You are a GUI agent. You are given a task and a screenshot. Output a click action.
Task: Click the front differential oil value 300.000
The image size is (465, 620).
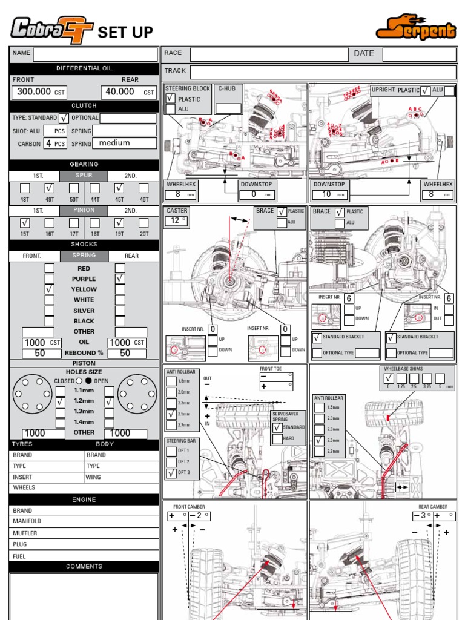[35, 92]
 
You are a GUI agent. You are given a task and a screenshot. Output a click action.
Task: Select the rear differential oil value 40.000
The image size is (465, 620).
[120, 92]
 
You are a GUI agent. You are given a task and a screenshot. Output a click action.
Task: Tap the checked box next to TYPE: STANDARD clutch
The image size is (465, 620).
[64, 118]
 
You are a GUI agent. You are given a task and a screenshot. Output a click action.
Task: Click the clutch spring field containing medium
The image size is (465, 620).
[124, 143]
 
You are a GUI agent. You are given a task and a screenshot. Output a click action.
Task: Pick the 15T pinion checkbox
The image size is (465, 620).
[25, 223]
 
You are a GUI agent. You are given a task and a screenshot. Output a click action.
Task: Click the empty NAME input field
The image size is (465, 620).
[95, 54]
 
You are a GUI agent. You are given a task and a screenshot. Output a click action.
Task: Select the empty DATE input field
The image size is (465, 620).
[418, 54]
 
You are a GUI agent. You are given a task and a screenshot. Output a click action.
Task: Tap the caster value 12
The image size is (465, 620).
[176, 221]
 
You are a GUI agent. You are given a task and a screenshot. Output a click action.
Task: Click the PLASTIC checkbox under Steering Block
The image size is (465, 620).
[171, 99]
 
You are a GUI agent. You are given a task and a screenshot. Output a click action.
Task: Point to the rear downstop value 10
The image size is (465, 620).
[328, 194]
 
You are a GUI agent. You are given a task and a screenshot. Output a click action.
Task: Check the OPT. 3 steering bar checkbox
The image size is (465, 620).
[171, 472]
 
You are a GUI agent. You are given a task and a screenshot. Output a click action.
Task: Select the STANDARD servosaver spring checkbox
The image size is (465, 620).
[277, 427]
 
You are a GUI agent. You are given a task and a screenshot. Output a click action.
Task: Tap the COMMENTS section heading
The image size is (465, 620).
[84, 567]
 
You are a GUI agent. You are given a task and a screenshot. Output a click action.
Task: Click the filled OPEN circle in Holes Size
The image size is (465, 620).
[88, 381]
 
